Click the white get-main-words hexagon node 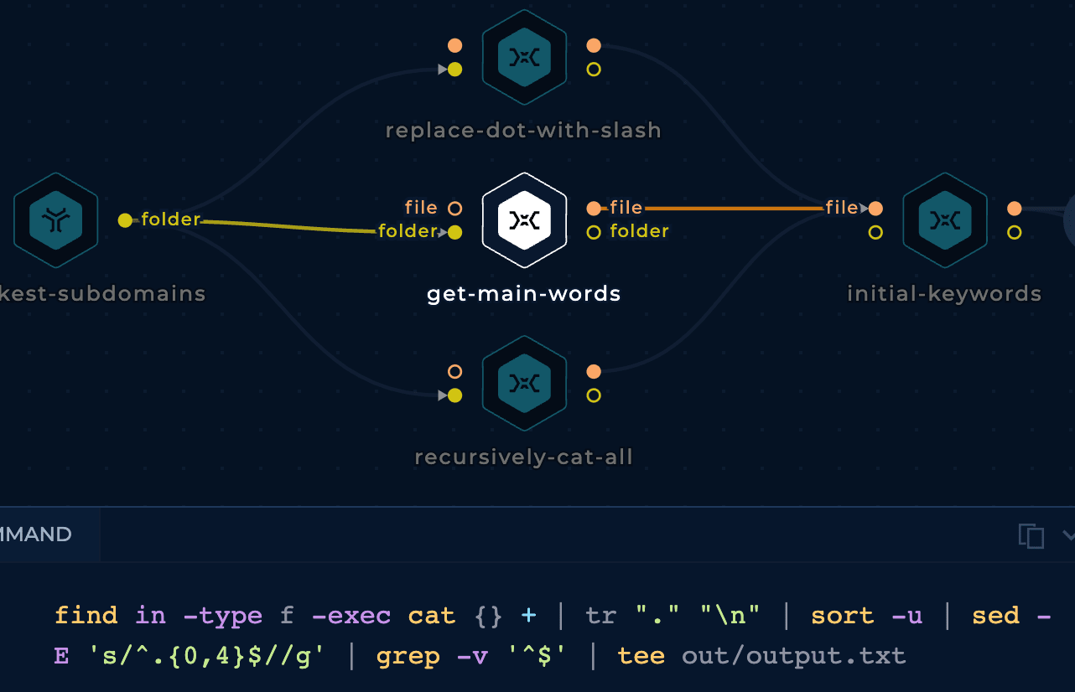pyautogui.click(x=524, y=220)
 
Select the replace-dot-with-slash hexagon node pyautogui.click(x=524, y=57)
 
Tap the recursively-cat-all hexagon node pyautogui.click(x=524, y=383)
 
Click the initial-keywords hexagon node pyautogui.click(x=944, y=220)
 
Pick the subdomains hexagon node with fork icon pyautogui.click(x=55, y=220)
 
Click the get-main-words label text pyautogui.click(x=523, y=293)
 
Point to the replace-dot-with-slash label pyautogui.click(x=523, y=131)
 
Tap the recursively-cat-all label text pyautogui.click(x=523, y=457)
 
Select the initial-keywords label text pyautogui.click(x=944, y=293)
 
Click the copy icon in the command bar pyautogui.click(x=1031, y=535)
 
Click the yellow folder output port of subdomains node pyautogui.click(x=125, y=220)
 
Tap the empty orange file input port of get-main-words pyautogui.click(x=455, y=208)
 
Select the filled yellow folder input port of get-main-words pyautogui.click(x=455, y=233)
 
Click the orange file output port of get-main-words pyautogui.click(x=594, y=208)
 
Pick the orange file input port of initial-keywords pyautogui.click(x=875, y=208)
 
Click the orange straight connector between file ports pyautogui.click(x=735, y=208)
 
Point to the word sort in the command pyautogui.click(x=842, y=615)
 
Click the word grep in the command pyautogui.click(x=408, y=657)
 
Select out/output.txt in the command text pyautogui.click(x=794, y=657)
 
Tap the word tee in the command pyautogui.click(x=641, y=656)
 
